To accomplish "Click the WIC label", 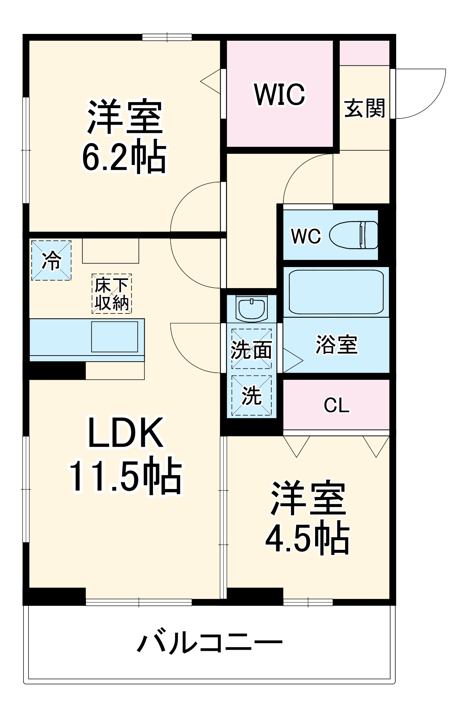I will (x=280, y=95).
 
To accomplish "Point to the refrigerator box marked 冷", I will (x=51, y=260).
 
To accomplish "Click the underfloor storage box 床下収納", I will (x=112, y=294).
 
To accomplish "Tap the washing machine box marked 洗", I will (x=252, y=395).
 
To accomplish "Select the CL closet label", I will (x=336, y=406).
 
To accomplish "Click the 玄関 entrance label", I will (x=364, y=108).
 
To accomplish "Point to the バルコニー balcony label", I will (x=210, y=643).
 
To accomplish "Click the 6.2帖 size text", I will (x=124, y=157).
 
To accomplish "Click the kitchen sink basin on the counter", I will (x=114, y=337).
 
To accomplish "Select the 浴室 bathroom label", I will (x=336, y=345).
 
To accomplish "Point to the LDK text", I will (x=125, y=433).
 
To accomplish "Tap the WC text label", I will (x=306, y=236).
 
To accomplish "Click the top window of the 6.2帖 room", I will (x=167, y=37).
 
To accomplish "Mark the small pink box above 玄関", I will (x=364, y=53).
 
